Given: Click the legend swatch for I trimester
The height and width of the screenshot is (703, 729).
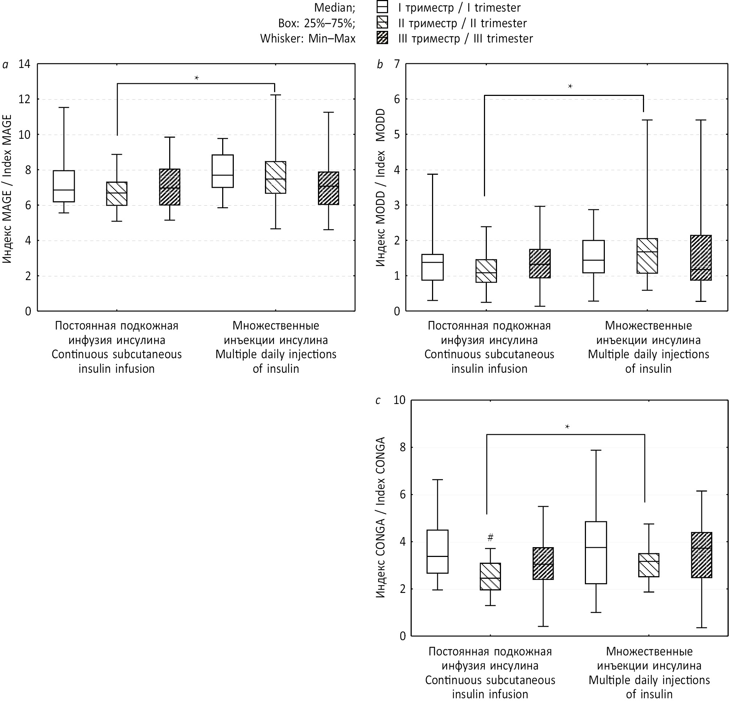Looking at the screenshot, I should coord(382,7).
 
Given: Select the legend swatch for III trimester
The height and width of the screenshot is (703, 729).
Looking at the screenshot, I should coord(382,38).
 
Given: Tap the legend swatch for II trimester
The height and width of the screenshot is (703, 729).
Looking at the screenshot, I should coord(382,23).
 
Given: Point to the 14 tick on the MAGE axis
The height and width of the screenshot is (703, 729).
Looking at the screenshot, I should coord(25,64).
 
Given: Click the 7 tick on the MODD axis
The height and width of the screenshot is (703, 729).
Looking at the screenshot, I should coord(397,64).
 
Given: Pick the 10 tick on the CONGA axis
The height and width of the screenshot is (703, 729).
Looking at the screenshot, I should coord(399,400).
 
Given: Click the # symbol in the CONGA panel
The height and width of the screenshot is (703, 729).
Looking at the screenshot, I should coord(490,537).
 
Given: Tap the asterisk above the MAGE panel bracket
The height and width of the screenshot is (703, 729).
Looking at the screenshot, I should coord(196,78).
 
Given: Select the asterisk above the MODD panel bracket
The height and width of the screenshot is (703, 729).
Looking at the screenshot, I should coord(570,86).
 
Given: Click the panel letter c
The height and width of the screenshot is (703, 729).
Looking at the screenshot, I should coord(378,400).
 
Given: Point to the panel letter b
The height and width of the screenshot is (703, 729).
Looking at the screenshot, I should coord(379,65).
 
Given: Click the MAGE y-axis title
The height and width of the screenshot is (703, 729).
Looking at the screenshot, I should coord(7,189).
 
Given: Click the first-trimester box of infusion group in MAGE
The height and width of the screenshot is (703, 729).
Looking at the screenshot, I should coord(64,186).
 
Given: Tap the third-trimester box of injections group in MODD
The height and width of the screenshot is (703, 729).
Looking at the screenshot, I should coord(701,258).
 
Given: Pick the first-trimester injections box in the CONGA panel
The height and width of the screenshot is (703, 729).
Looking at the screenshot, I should coord(596,552).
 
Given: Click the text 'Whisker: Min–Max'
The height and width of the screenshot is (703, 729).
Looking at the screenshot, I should coord(308,39).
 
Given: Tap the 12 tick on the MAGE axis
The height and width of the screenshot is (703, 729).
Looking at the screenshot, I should coord(25,100).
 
